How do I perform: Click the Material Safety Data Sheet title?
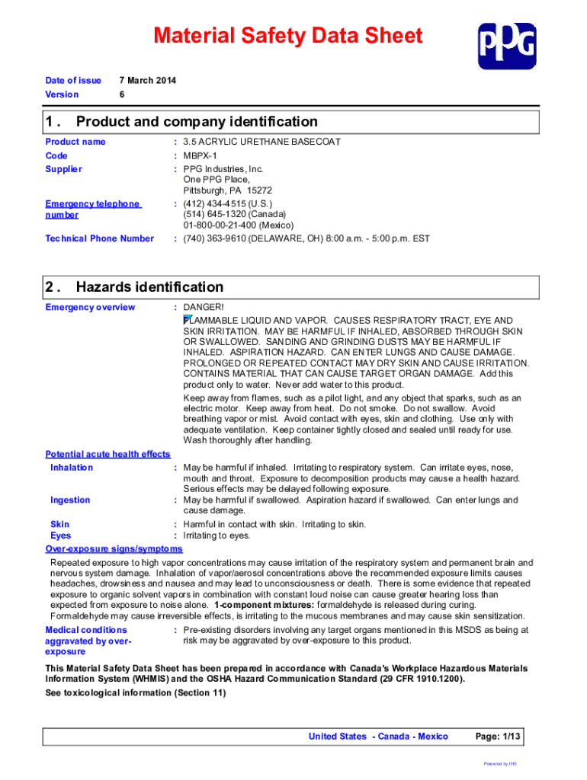287,36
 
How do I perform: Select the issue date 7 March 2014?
148,80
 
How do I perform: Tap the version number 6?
123,94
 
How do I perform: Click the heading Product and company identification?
197,122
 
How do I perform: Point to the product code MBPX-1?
200,155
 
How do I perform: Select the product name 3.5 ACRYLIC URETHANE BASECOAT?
261,142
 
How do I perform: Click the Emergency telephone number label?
92,209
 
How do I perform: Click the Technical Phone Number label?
99,238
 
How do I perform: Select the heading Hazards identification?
149,287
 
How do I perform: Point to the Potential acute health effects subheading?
107,454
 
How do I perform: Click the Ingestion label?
70,500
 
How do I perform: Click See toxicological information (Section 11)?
136,692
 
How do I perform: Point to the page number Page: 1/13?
498,736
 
